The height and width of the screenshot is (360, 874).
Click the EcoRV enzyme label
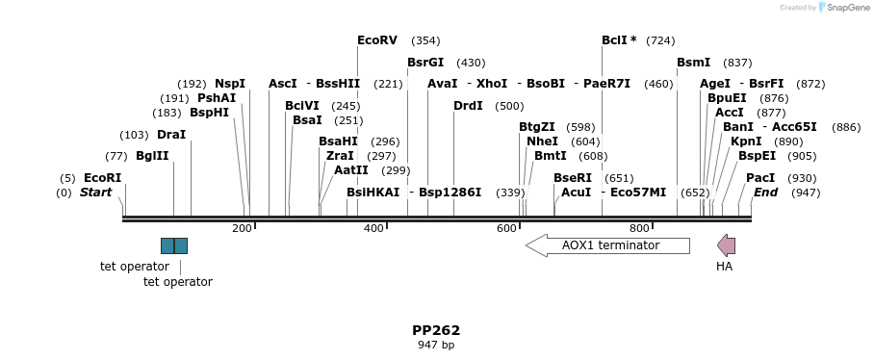377,40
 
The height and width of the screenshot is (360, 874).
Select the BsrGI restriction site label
425,63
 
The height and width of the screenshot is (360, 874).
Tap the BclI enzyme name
616,40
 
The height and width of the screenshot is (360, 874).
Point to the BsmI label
693,63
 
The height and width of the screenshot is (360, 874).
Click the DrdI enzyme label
468,106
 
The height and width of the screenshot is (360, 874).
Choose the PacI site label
760,178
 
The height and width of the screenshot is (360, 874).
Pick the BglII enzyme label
152,156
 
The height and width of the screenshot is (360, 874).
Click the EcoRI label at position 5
103,178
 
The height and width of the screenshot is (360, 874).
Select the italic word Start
96,193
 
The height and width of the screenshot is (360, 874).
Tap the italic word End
765,193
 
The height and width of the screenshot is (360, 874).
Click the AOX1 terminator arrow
607,245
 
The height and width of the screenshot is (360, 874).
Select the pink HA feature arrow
727,245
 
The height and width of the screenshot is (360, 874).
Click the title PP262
436,330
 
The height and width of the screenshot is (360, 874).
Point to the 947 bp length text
436,345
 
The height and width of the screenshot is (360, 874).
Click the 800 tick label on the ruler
639,228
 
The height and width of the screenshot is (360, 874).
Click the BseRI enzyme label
573,178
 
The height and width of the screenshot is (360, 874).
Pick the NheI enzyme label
542,141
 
